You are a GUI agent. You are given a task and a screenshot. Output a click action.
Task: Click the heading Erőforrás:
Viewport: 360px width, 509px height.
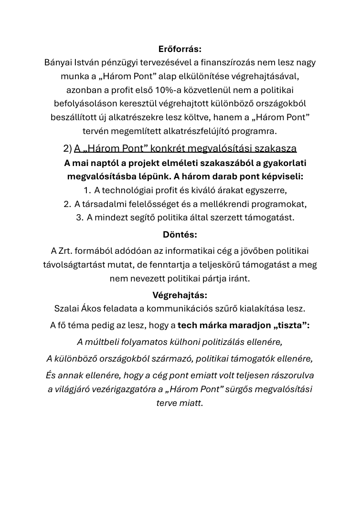[180, 49]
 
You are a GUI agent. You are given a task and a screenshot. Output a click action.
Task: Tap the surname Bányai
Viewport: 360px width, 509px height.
[58, 62]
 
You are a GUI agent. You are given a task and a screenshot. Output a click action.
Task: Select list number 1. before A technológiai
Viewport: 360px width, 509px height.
[87, 190]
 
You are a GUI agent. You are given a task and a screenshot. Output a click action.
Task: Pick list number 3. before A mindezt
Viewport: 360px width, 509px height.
[80, 218]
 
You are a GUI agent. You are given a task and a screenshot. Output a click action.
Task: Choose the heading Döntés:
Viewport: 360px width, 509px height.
[180, 235]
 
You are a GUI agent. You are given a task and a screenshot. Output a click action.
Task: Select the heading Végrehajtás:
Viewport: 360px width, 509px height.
[180, 295]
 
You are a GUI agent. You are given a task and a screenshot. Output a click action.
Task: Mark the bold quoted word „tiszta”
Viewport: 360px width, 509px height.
[292, 325]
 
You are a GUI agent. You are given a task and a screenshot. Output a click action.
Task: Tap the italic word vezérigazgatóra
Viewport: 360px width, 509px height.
[127, 389]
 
